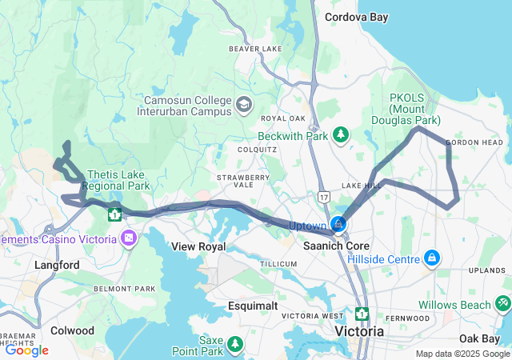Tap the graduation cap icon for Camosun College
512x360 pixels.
(x=243, y=104)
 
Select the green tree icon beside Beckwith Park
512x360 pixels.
(x=342, y=133)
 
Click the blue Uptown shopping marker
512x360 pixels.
(x=339, y=224)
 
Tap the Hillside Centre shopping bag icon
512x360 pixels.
(x=432, y=258)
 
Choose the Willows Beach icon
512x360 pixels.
(x=502, y=304)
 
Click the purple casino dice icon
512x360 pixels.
(x=128, y=238)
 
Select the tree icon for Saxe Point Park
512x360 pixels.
(x=234, y=343)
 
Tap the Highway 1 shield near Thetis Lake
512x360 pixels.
(x=114, y=214)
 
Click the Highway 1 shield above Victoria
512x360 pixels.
(x=362, y=313)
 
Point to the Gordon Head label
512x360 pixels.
(x=474, y=142)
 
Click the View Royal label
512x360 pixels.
(x=201, y=246)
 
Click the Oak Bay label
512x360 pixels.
(x=480, y=339)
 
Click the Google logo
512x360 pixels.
(x=26, y=350)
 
